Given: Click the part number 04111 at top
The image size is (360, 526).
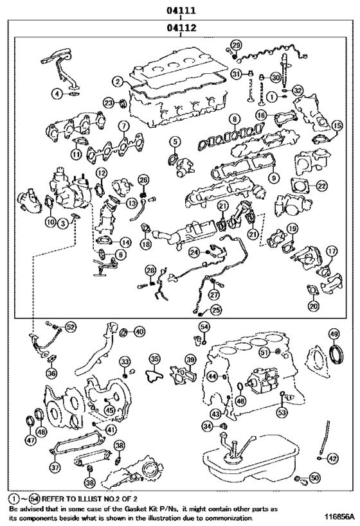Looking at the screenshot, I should click(181, 10).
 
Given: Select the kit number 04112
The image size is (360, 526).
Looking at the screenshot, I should click(181, 28).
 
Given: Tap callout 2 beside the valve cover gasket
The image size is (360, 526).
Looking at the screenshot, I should click(117, 82).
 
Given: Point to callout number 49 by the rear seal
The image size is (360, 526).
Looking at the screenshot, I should click(334, 333).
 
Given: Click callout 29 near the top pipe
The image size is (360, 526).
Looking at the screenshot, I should click(236, 44).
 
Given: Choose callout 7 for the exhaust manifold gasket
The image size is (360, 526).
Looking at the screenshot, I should click(122, 126).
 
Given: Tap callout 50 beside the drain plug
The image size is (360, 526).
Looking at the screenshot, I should click(314, 478).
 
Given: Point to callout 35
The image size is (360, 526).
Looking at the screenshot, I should click(154, 358).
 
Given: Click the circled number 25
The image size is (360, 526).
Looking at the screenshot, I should click(216, 310).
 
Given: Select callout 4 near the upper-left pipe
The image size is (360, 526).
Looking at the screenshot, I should click(57, 94).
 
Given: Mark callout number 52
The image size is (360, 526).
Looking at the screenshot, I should click(70, 327).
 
